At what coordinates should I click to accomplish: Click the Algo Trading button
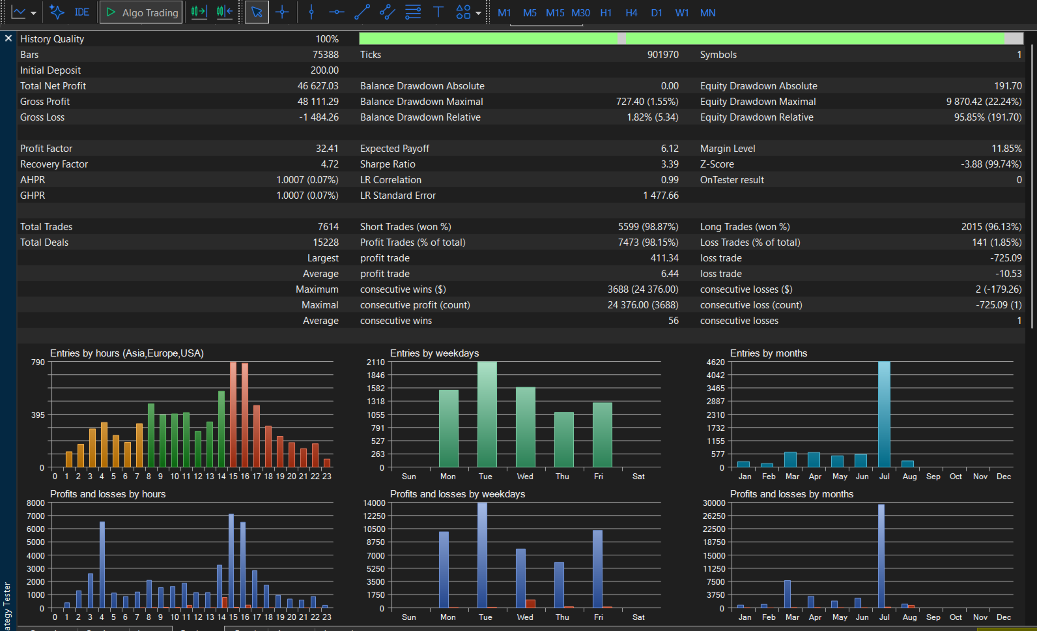pos(141,12)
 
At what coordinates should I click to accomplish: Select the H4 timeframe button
pos(631,13)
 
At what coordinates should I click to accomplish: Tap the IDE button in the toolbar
pos(82,12)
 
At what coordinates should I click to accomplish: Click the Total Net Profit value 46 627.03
pos(318,85)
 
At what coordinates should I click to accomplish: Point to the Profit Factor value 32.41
pos(327,148)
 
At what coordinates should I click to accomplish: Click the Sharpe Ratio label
pos(388,164)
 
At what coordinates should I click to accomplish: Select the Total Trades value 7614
pos(328,227)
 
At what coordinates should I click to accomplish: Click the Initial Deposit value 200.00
pos(324,70)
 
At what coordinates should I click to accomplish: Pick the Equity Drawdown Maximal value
pos(984,102)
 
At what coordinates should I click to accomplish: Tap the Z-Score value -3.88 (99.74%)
pos(991,164)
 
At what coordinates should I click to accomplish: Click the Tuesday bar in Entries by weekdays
pos(487,414)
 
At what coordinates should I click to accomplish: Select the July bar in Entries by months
pos(884,414)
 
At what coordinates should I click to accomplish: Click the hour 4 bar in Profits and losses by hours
pos(102,565)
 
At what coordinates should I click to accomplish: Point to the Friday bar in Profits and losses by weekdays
pos(598,569)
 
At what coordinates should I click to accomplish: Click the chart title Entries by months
pos(769,353)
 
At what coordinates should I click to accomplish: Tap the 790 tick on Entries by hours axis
pos(38,362)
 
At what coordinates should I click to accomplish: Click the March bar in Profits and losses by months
pos(788,594)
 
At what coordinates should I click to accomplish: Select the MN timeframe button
pos(707,13)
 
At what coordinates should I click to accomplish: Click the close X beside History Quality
pos(8,38)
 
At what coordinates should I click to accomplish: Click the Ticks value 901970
pos(663,54)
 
